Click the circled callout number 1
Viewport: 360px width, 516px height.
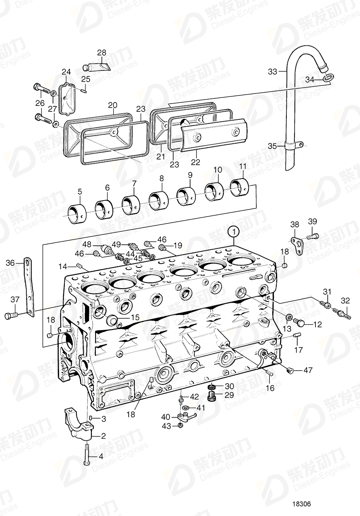[233, 232]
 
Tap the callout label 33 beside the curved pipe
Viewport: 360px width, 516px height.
[273, 72]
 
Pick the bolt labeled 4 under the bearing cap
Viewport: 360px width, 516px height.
[87, 455]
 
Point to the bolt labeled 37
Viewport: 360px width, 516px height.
[11, 315]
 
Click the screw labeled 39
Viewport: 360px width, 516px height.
[313, 235]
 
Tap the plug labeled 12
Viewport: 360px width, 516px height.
[300, 322]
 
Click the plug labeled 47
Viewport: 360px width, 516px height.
[289, 369]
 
